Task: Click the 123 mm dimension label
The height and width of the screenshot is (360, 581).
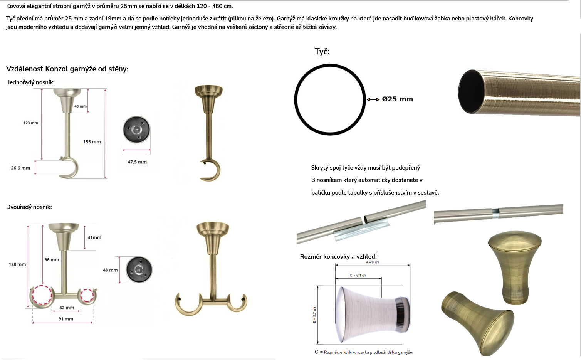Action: pyautogui.click(x=31, y=123)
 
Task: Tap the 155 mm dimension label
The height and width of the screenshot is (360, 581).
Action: pyautogui.click(x=92, y=142)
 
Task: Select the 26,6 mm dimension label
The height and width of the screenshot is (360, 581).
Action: pyautogui.click(x=20, y=168)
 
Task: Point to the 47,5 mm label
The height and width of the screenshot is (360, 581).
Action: pyautogui.click(x=137, y=162)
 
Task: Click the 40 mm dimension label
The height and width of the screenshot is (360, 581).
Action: pyautogui.click(x=81, y=106)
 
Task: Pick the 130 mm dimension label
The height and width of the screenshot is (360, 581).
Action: pyautogui.click(x=17, y=264)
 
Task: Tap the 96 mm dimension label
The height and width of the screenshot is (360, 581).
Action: pyautogui.click(x=52, y=259)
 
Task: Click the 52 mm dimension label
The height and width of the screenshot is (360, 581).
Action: pyautogui.click(x=67, y=308)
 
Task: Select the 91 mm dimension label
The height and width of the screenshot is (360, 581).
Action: pyautogui.click(x=65, y=319)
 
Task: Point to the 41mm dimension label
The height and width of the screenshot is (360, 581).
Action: pyautogui.click(x=94, y=237)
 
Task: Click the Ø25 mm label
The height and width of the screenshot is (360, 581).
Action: pyautogui.click(x=397, y=99)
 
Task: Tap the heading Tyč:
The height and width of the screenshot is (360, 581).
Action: pyautogui.click(x=322, y=51)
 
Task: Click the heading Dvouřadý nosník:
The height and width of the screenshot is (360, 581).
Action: pyautogui.click(x=29, y=207)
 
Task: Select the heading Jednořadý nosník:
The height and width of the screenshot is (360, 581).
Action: pyautogui.click(x=31, y=82)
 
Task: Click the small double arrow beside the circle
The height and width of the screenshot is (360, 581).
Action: pyautogui.click(x=373, y=99)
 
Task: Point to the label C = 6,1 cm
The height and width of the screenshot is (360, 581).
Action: pyautogui.click(x=358, y=275)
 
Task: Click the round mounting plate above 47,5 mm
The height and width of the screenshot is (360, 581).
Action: pyautogui.click(x=136, y=130)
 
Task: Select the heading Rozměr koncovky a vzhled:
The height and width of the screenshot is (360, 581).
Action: pyautogui.click(x=338, y=257)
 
